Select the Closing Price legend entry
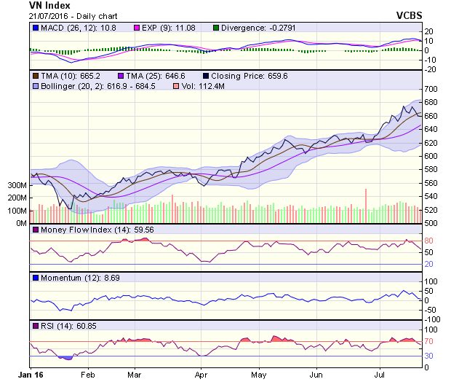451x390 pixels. pyautogui.click(x=245, y=76)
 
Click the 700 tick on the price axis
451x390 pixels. pyautogui.click(x=432, y=89)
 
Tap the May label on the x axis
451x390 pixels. pyautogui.click(x=258, y=375)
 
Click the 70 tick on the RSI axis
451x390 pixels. pyautogui.click(x=430, y=341)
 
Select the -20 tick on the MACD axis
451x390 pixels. pyautogui.click(x=431, y=69)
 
